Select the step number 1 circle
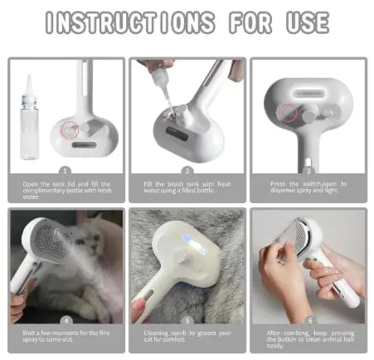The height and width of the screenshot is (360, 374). pyautogui.click(x=66, y=169)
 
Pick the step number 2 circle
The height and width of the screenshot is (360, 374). pyautogui.click(x=188, y=169)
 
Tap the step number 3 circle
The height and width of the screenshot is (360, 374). pyautogui.click(x=308, y=169)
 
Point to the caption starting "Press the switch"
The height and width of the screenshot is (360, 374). pyautogui.click(x=308, y=187)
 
